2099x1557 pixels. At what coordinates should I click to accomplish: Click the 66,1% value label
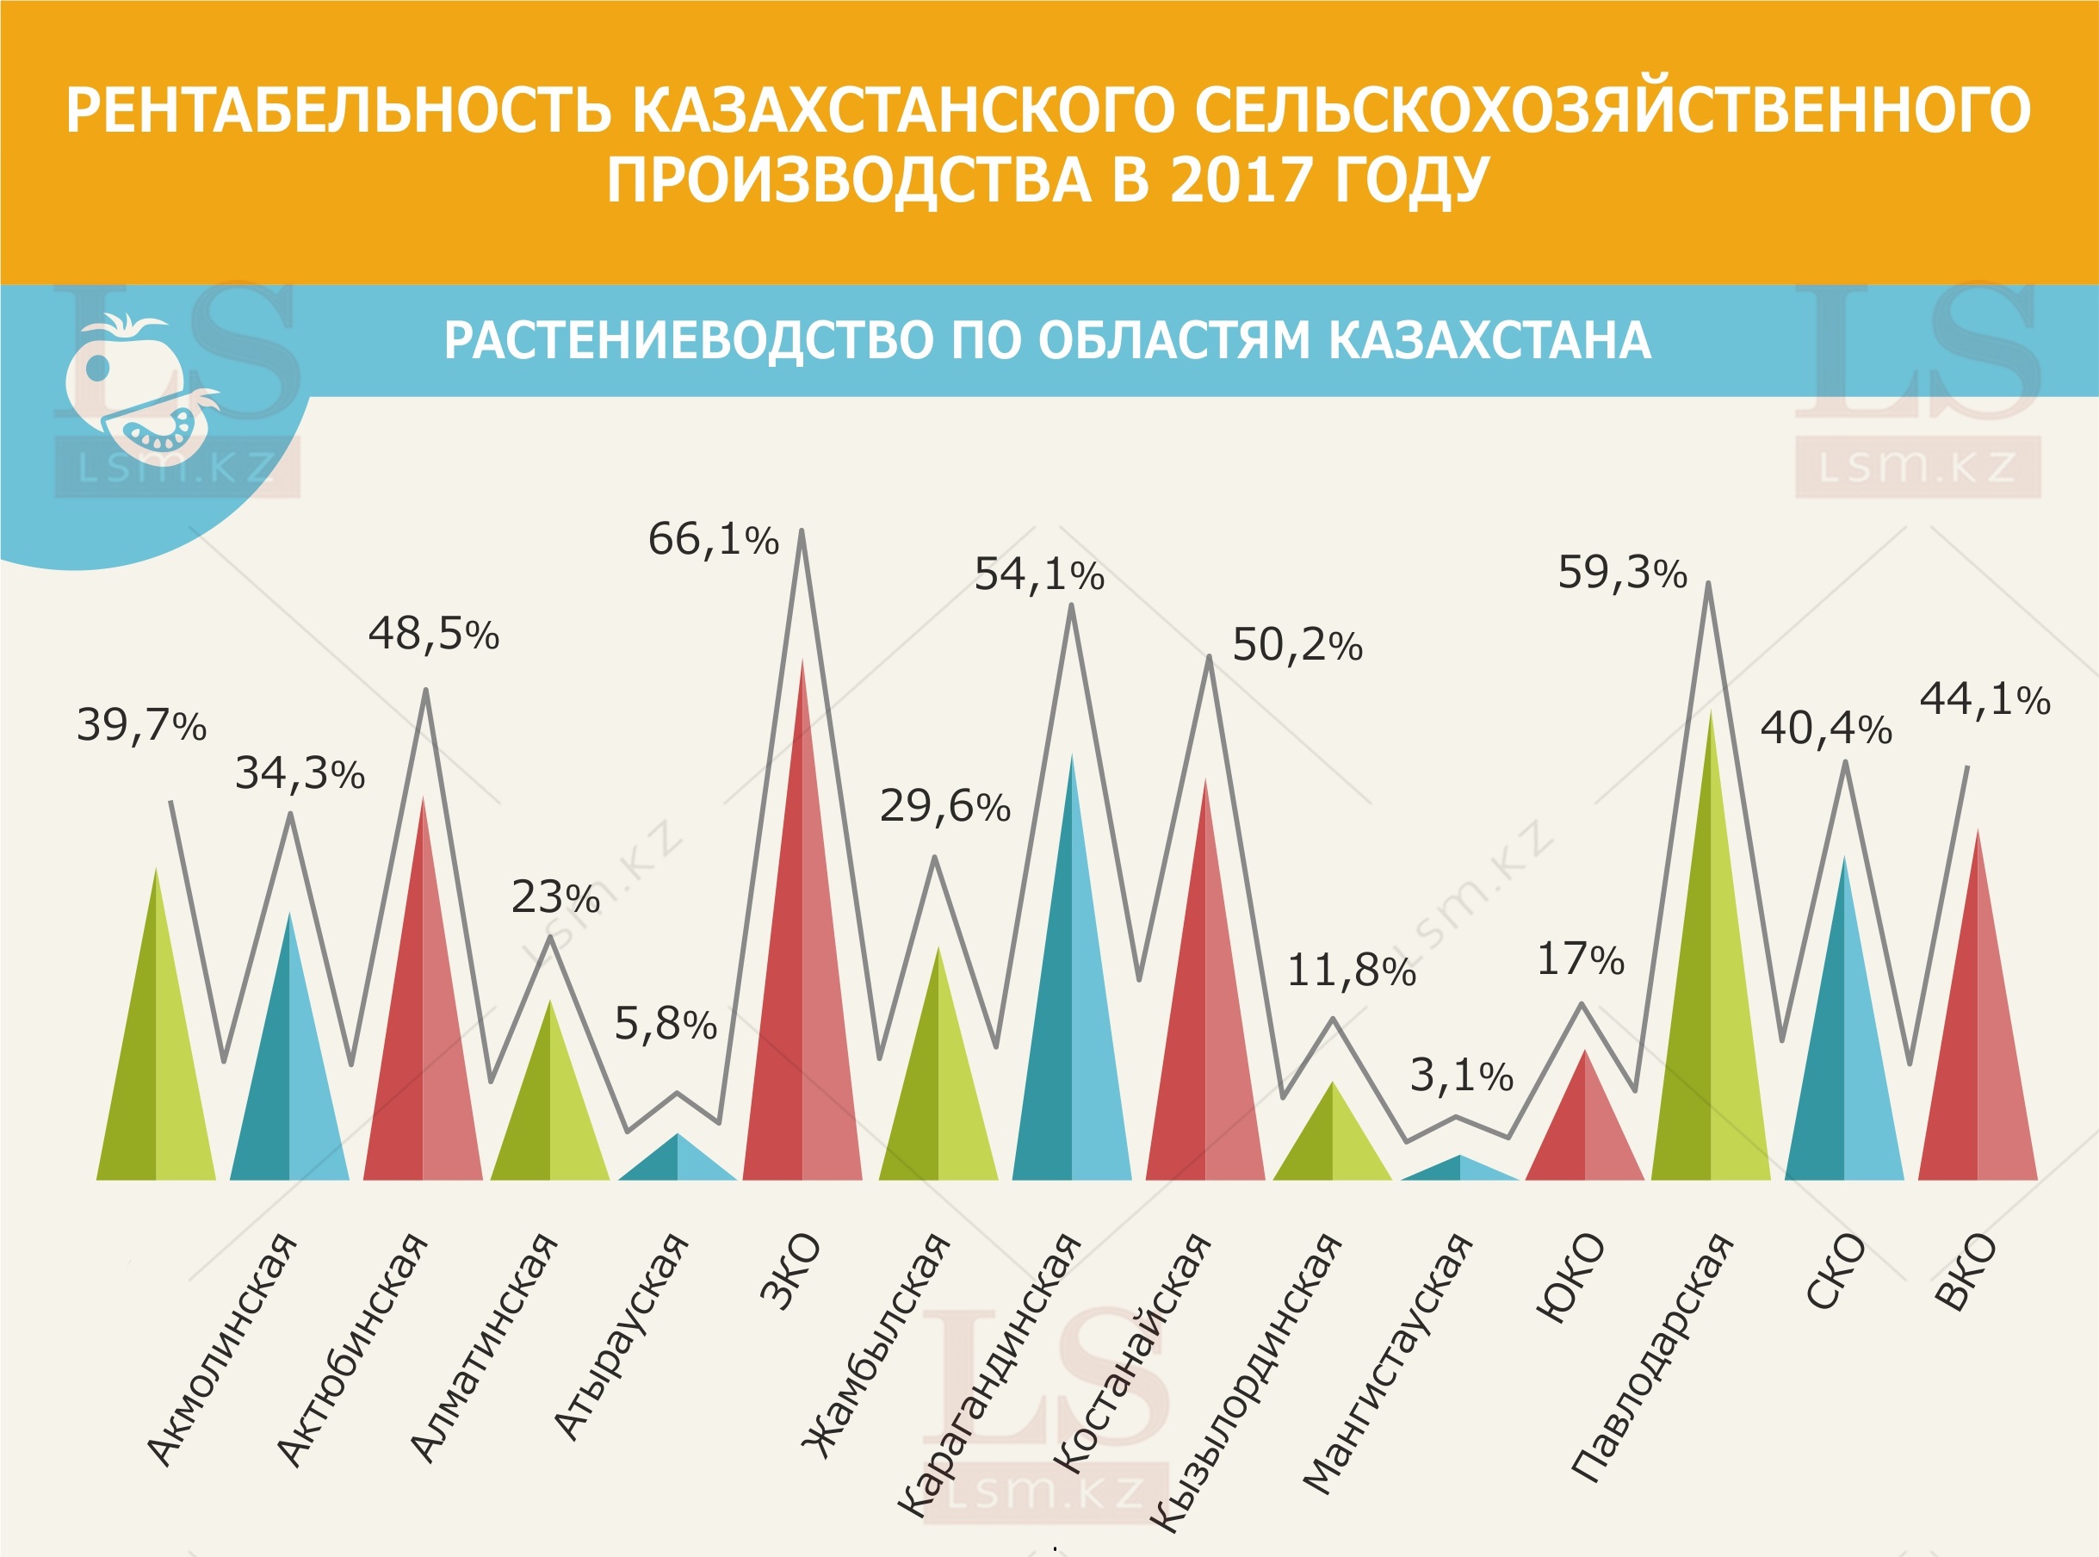(713, 540)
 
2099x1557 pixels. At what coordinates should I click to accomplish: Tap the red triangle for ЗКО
(802, 989)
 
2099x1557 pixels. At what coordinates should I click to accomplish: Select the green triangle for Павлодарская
(1710, 1018)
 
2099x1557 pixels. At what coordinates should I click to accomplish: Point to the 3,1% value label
(1460, 1076)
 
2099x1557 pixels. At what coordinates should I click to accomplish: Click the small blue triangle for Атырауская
(678, 1162)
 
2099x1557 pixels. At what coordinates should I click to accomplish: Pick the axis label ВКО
(1966, 1271)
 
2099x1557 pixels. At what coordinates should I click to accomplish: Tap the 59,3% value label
(1621, 573)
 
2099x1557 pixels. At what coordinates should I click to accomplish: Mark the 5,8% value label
(666, 1025)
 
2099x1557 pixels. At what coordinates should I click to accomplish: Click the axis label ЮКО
(1570, 1277)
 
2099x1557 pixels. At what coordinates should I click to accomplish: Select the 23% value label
(555, 897)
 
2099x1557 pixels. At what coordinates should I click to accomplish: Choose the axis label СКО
(1836, 1271)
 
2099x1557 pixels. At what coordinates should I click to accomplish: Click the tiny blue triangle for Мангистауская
(1459, 1169)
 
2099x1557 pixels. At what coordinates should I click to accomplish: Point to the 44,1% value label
(1984, 699)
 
